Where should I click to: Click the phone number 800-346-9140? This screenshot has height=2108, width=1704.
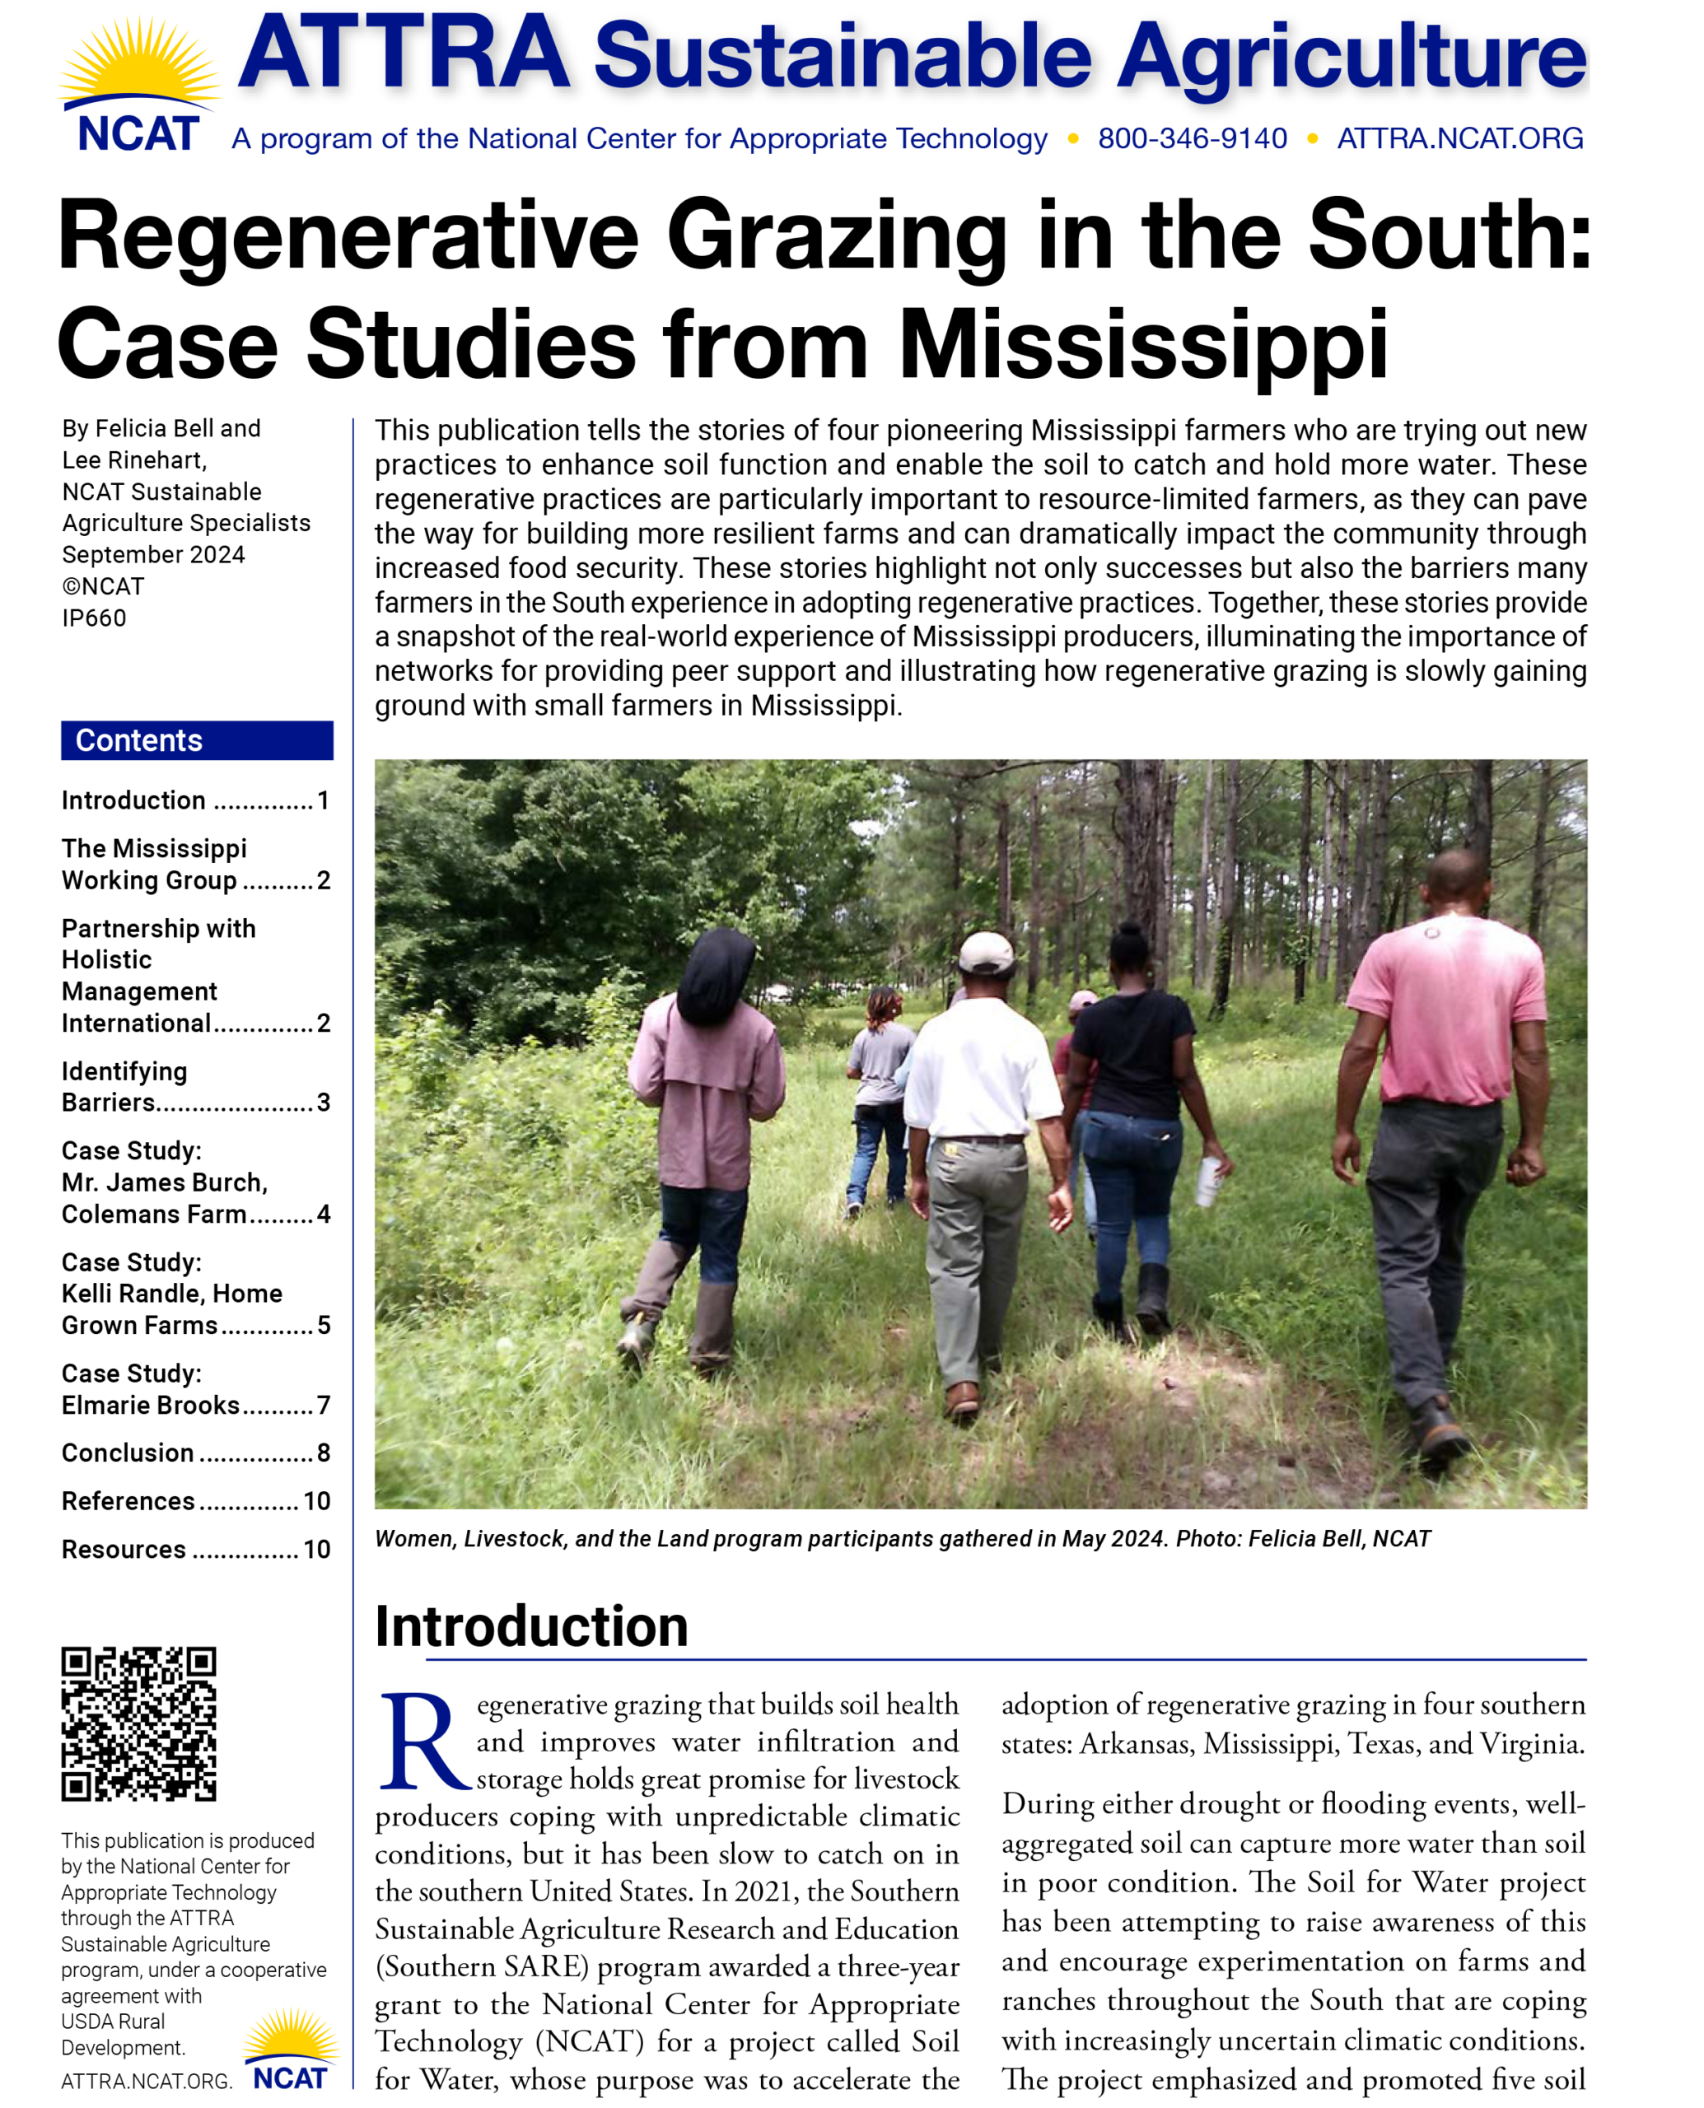(1192, 139)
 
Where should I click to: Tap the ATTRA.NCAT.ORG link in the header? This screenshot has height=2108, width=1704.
(1459, 139)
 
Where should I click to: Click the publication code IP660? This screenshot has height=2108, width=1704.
(94, 618)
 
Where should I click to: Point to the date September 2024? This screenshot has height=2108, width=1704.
(153, 554)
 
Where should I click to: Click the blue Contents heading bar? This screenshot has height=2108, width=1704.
(196, 740)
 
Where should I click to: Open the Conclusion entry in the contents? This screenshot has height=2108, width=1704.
(128, 1453)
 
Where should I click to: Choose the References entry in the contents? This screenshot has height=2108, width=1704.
(128, 1500)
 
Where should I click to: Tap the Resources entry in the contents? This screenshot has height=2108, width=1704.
(124, 1549)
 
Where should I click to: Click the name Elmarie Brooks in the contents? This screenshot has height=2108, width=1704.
(150, 1406)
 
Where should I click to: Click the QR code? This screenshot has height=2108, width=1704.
(138, 1723)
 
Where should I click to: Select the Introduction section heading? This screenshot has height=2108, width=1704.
(531, 1627)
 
